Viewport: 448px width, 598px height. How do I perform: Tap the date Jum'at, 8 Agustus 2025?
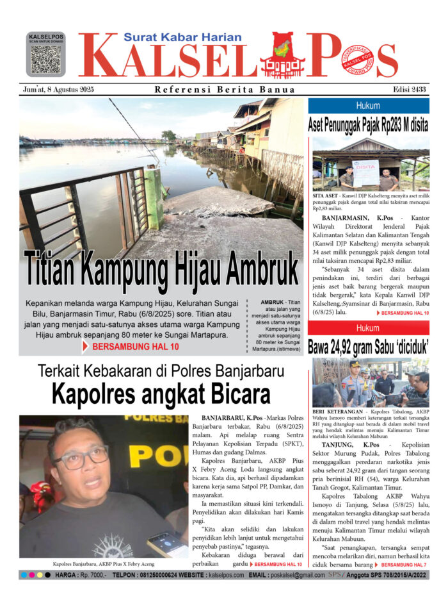[57, 90]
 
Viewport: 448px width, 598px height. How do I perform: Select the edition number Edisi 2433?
[410, 90]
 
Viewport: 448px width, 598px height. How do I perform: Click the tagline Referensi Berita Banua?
[225, 90]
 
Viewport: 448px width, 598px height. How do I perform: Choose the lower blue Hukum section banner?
[368, 328]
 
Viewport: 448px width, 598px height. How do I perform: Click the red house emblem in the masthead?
[282, 56]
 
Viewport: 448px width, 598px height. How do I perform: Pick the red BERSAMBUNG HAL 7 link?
[404, 565]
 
